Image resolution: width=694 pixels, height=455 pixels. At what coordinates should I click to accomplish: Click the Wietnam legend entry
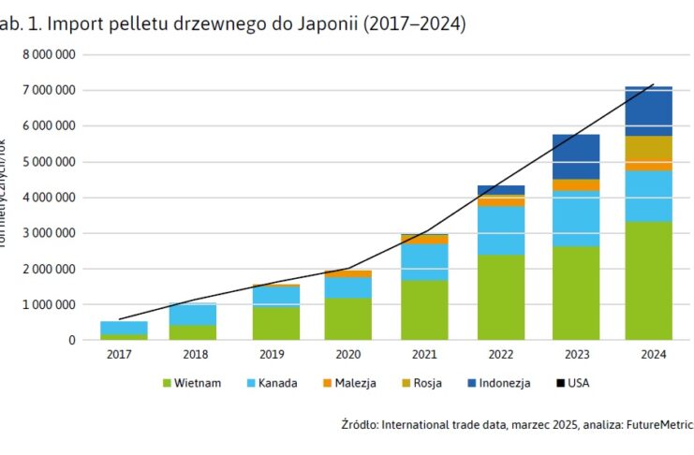[x=193, y=382]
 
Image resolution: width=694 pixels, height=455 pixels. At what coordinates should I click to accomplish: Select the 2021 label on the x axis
[x=424, y=355]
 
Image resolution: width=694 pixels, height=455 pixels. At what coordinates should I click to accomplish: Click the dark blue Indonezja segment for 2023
[x=576, y=156]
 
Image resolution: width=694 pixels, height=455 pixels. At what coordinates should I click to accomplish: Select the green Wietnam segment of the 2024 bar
[x=649, y=280]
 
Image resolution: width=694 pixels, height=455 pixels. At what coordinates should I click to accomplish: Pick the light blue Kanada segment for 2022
[x=501, y=230]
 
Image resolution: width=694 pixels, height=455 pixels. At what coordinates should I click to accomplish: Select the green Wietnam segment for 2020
[x=348, y=318]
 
